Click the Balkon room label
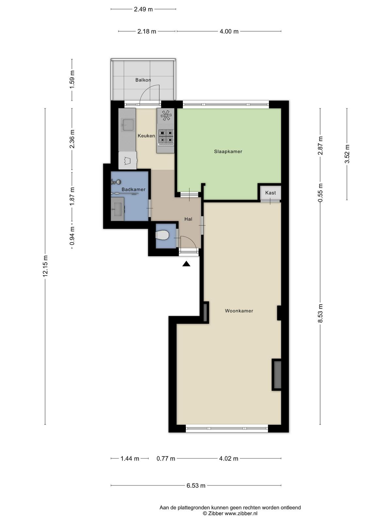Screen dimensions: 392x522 coord(143,80)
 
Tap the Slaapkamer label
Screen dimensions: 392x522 coord(228,151)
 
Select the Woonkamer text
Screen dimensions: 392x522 coord(239,311)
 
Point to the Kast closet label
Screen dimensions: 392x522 coord(270,192)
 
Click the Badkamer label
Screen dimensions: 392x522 coord(133,189)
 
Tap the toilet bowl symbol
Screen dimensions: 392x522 coord(162,235)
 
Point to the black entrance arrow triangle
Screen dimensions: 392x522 coord(186,264)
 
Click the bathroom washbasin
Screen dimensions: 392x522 coord(118,209)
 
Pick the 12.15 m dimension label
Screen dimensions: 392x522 coord(45,266)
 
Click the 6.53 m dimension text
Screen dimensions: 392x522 coord(196,485)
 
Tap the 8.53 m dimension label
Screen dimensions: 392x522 coord(320,313)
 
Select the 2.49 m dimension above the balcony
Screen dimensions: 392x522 coord(143,9)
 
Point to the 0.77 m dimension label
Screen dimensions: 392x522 coord(166,458)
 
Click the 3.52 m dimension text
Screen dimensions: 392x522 coord(347,154)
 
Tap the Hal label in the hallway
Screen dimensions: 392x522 coord(188,219)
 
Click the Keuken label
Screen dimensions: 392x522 coord(146,136)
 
